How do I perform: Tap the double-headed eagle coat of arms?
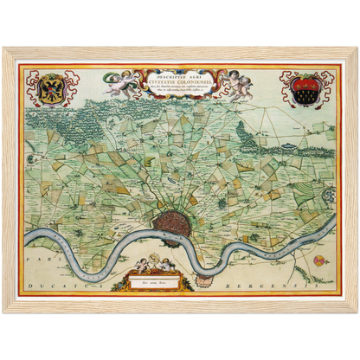pos(49,87)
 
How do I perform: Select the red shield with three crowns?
pos(308,89)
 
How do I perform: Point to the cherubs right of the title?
pos(236,84)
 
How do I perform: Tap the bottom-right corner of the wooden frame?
pos(356,313)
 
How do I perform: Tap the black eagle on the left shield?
pos(49,89)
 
